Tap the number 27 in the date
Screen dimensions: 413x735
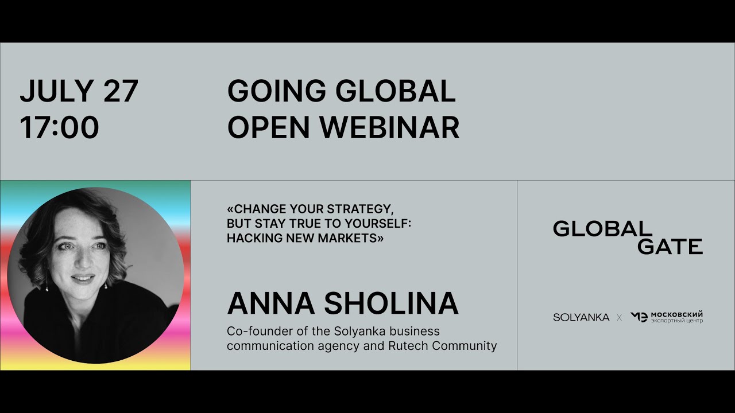point(121,91)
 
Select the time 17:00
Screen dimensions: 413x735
point(59,127)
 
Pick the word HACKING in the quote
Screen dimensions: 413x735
point(251,238)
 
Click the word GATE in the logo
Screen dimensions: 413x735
point(670,247)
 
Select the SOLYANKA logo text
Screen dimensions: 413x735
point(581,317)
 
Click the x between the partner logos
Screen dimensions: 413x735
point(619,317)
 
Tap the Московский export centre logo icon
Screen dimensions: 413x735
point(639,317)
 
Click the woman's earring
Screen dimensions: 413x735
point(47,282)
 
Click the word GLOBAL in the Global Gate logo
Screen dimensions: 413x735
point(602,229)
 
